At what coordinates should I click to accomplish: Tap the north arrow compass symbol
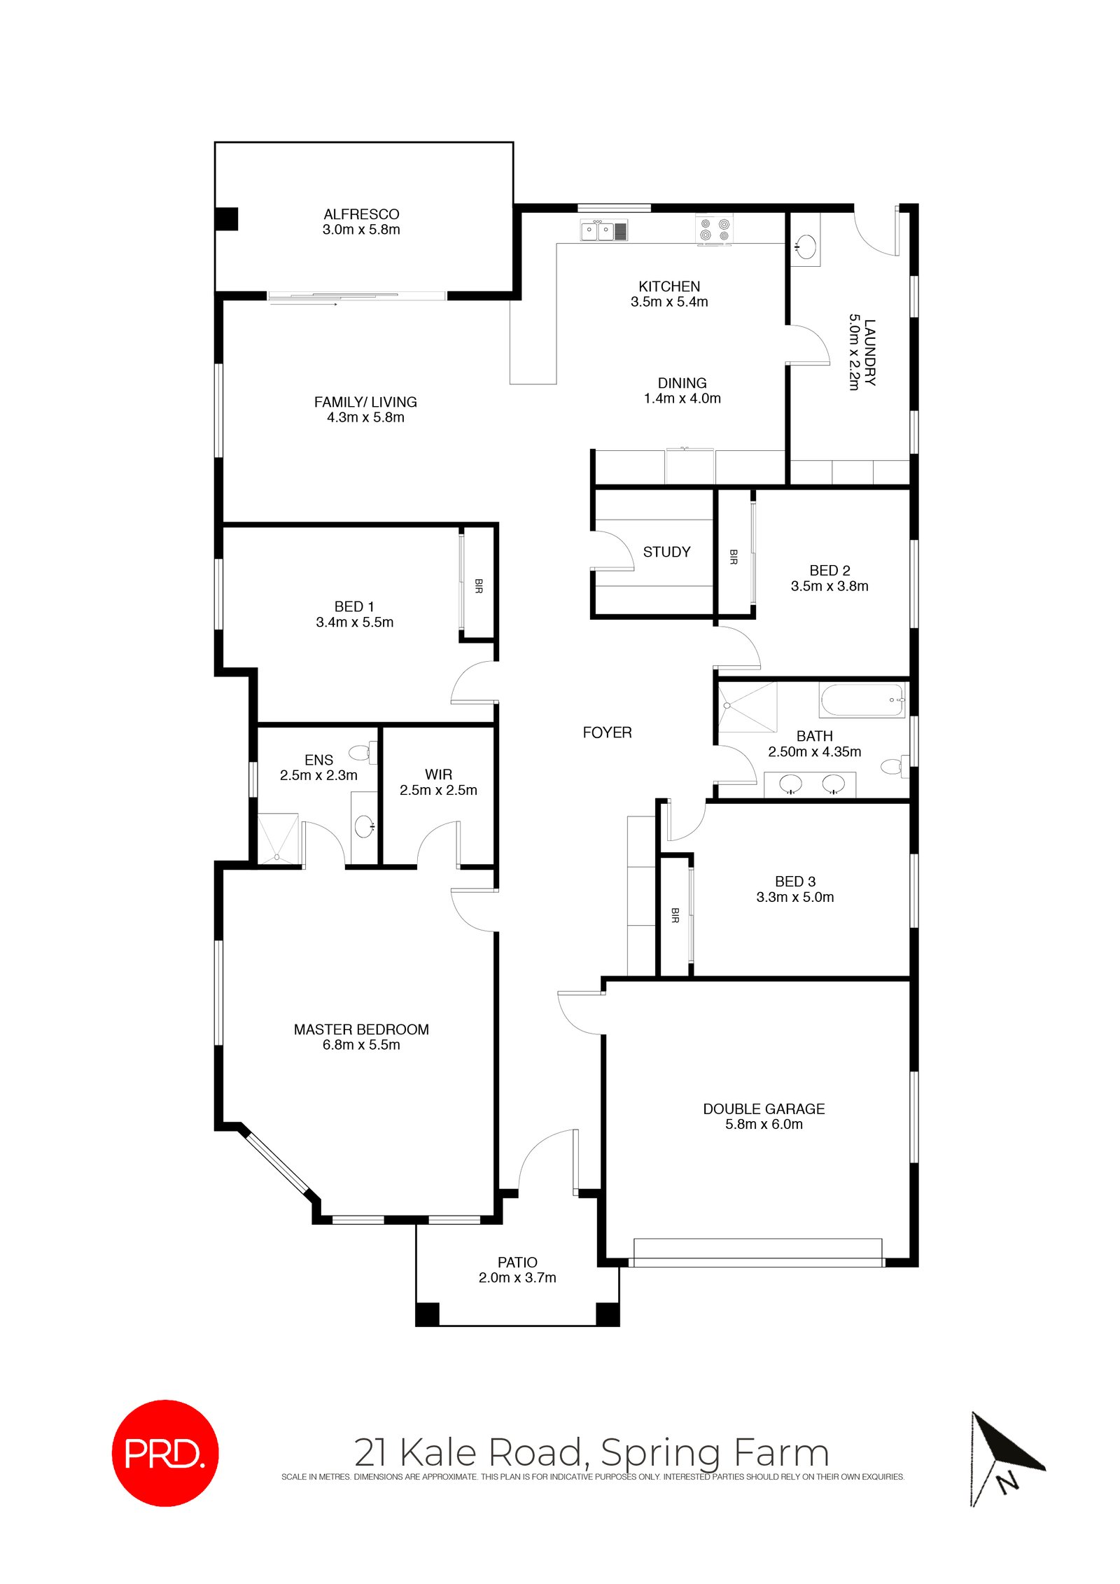1005,1459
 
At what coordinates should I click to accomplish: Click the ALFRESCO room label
361,214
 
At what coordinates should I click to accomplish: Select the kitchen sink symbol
603,230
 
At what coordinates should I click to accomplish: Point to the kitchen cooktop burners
715,230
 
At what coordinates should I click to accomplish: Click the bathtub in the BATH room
862,701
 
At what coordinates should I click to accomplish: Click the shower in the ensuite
278,838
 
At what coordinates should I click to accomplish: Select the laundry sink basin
806,246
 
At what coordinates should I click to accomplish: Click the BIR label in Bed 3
675,915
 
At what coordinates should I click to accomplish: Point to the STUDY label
666,552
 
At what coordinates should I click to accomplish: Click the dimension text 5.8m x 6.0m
764,1124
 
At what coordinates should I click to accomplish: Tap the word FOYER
607,732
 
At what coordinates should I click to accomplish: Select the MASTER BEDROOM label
361,1029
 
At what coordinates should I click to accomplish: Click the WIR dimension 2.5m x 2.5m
438,790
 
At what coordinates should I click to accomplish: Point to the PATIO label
517,1262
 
